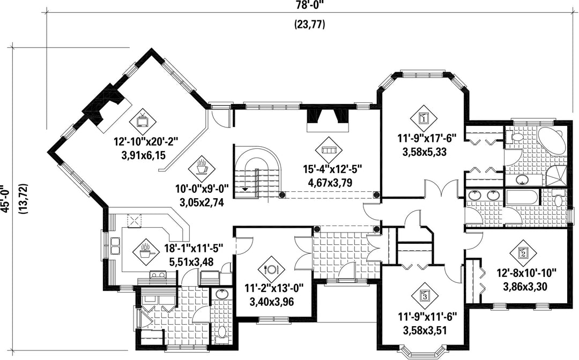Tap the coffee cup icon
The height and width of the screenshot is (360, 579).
point(202,168)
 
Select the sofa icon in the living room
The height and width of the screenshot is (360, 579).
point(328,150)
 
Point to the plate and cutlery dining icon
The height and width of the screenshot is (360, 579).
point(271,269)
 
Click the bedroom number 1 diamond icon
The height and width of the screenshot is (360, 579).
point(424,118)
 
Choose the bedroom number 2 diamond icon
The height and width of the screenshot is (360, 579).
point(523,253)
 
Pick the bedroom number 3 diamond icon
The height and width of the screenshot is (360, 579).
point(424,295)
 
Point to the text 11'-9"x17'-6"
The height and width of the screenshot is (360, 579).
point(427,139)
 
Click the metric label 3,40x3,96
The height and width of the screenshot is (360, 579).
point(272,302)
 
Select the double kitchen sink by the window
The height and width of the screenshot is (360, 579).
point(116,246)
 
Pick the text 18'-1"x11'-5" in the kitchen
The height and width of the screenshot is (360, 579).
point(194,248)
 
